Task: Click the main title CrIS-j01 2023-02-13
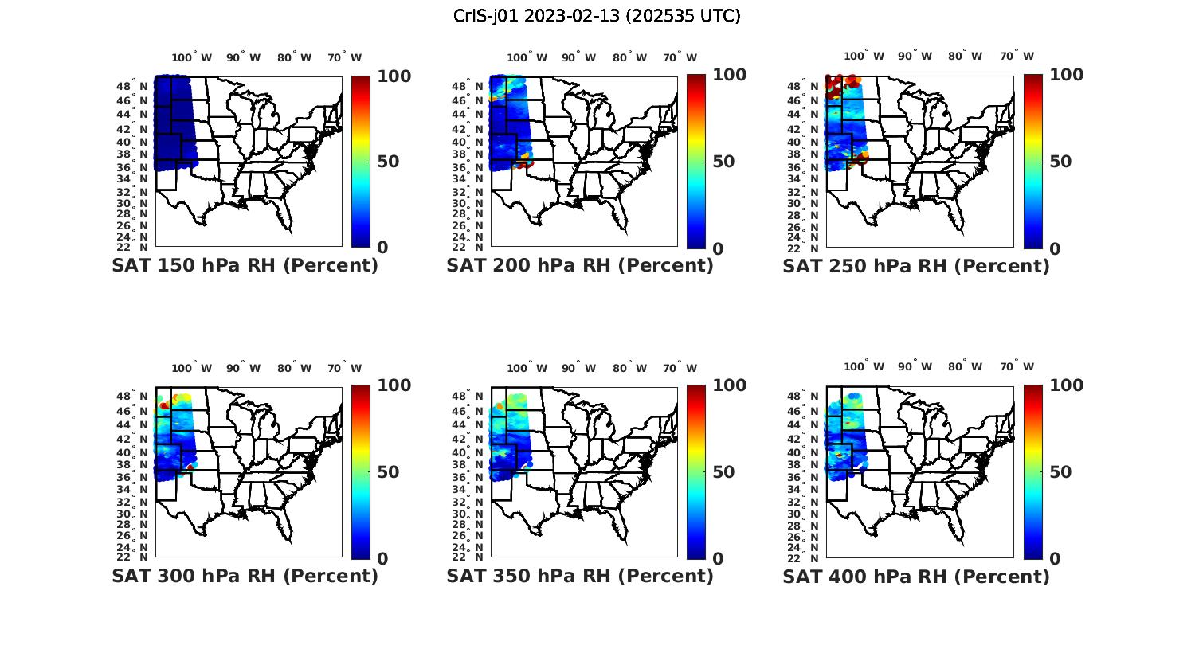[x=597, y=16]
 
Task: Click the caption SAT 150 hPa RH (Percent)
[x=245, y=266]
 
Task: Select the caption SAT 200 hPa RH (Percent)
[x=580, y=266]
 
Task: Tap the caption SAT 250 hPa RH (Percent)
[x=916, y=266]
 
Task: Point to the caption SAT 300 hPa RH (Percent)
[x=245, y=576]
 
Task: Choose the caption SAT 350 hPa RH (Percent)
[x=580, y=576]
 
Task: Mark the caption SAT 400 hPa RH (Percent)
[x=916, y=576]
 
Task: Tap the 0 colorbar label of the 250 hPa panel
[x=1055, y=248]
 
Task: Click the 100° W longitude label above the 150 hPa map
[x=192, y=57]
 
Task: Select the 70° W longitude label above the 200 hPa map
[x=680, y=57]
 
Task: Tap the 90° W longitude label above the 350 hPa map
[x=579, y=368]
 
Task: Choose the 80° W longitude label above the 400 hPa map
[x=965, y=367]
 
